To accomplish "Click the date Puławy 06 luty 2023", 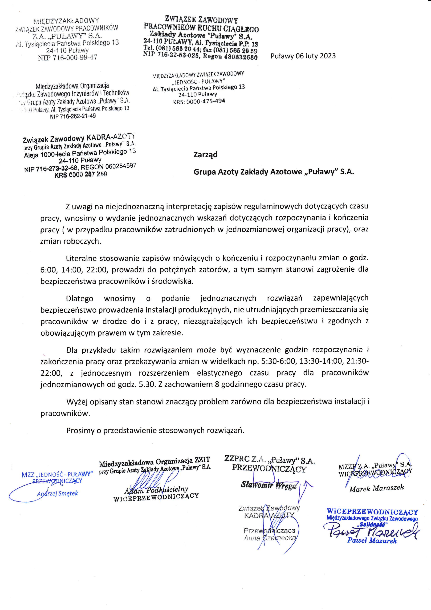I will [303, 56].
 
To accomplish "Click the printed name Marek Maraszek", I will [376, 488].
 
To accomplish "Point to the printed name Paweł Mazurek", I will [372, 540].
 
